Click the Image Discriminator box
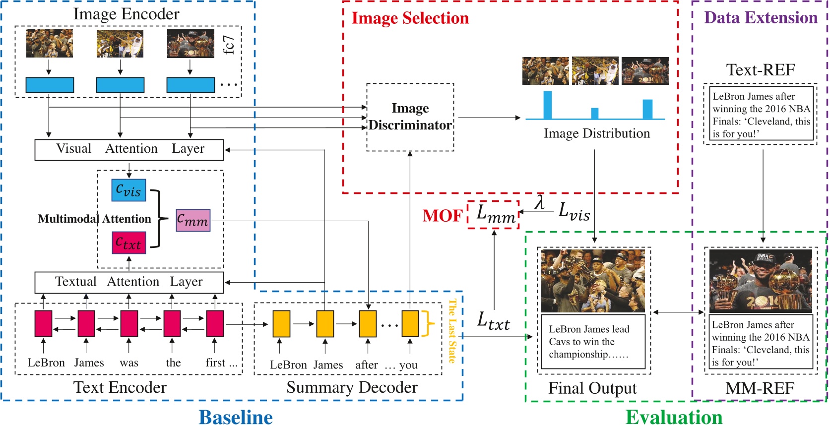tap(410, 117)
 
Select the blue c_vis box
tap(128, 190)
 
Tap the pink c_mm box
tap(193, 220)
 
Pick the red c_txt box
tap(128, 243)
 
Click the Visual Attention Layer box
tap(129, 149)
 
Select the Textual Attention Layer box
tap(129, 282)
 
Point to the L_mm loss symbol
tap(495, 214)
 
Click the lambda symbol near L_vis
tap(539, 202)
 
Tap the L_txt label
tap(493, 321)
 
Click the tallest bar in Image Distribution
tap(547, 105)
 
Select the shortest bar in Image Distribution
tap(594, 114)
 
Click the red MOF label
tap(442, 216)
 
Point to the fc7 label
tap(228, 45)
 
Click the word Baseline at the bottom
tap(236, 417)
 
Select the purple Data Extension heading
tap(760, 18)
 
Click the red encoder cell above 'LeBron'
tap(43, 323)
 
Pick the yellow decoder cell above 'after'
tap(367, 323)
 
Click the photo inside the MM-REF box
tap(760, 280)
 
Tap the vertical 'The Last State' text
tap(452, 331)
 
